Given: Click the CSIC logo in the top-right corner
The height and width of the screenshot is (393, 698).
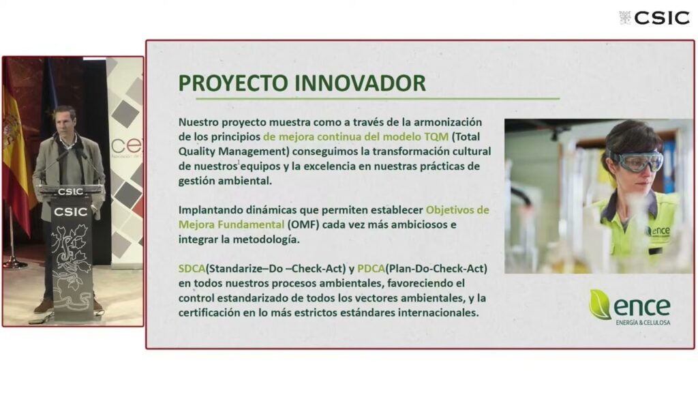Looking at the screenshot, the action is (654, 18).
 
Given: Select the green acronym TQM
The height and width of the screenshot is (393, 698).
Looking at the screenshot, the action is (436, 136).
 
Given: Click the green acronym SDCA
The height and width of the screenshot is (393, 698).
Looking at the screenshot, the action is (192, 269).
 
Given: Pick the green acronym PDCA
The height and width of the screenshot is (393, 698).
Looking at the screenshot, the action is (371, 269).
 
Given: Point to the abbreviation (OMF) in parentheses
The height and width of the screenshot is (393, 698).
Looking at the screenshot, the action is (303, 224).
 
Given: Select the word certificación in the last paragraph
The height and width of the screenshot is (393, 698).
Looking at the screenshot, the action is (209, 312).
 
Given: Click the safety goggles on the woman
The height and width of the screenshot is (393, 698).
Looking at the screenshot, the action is (636, 160).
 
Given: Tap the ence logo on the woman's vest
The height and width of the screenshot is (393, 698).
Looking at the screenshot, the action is (658, 231).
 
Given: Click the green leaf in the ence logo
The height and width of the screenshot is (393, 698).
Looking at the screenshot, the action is (600, 304).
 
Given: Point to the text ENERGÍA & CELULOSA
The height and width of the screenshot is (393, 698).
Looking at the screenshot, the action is (643, 322).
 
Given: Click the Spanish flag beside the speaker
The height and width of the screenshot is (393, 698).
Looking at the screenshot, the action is (16, 151).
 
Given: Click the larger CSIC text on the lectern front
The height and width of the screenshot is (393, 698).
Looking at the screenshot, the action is (70, 212).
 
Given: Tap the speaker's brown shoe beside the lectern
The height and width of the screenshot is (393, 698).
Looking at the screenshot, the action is (44, 306).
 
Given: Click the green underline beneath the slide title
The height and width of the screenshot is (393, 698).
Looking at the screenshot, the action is (378, 98).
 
